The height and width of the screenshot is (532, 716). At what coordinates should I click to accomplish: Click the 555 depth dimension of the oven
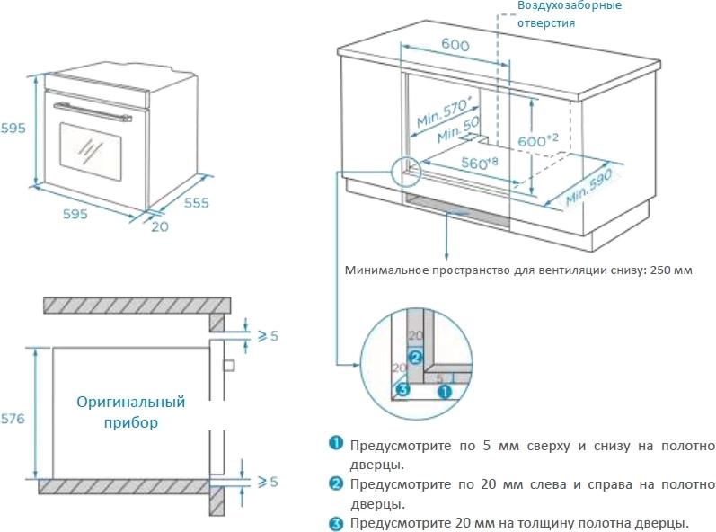[196, 203]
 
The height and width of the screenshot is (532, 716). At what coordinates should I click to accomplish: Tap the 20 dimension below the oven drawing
[159, 226]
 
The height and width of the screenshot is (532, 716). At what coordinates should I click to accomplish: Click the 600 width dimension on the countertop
[456, 44]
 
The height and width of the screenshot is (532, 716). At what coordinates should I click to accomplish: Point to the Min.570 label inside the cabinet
[444, 112]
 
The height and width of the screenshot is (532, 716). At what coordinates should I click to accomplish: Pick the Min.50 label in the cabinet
[459, 131]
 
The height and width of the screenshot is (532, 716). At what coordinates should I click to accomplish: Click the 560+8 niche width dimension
[480, 164]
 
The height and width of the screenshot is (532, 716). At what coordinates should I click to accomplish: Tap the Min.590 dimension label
[588, 187]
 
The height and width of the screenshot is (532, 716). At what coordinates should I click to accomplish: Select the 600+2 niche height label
[539, 140]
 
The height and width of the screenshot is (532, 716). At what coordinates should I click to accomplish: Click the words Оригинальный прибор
[130, 412]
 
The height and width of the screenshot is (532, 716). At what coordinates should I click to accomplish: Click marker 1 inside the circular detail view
[443, 392]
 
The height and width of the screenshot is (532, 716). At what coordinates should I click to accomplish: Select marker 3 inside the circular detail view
[403, 390]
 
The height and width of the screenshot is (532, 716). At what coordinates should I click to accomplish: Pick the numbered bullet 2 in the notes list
[336, 483]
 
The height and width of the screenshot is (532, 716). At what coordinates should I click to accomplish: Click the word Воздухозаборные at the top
[569, 5]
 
